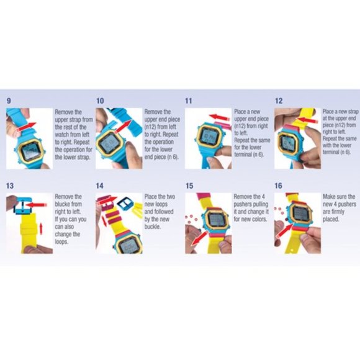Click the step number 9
[x=9, y=101]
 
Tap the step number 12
[x=279, y=101]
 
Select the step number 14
[x=100, y=186]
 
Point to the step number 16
[x=278, y=186]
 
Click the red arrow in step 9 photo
[x=27, y=127]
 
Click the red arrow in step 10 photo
[x=122, y=127]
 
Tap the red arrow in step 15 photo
[x=199, y=238]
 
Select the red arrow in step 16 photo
[x=284, y=231]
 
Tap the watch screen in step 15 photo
[x=215, y=220]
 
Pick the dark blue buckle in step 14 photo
[x=125, y=204]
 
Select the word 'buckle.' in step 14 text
[x=153, y=227]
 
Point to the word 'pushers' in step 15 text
[x=251, y=204]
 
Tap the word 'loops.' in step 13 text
[x=61, y=242]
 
